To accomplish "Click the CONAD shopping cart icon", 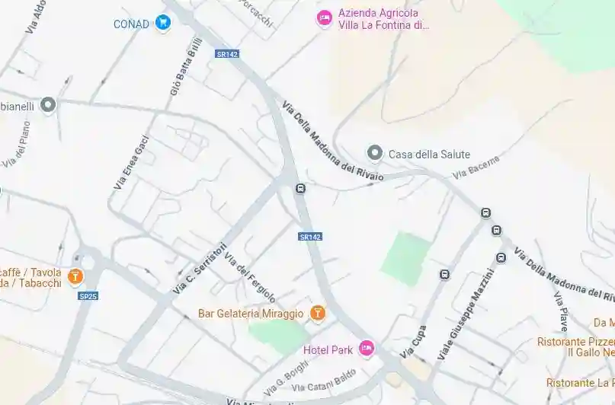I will (x=162, y=23).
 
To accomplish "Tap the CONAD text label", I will (x=131, y=24).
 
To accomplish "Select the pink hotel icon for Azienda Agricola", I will (x=325, y=18).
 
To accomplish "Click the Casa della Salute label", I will (x=429, y=154).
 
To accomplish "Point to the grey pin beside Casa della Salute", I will (x=374, y=153).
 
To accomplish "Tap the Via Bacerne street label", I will (x=476, y=167).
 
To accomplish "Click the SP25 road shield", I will (x=88, y=295).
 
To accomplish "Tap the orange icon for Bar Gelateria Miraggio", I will (x=318, y=313).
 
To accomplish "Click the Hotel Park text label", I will (x=328, y=349).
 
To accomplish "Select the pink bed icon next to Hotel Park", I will (x=367, y=349).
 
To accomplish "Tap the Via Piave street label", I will (x=561, y=310).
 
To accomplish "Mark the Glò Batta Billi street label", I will (x=186, y=70).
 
